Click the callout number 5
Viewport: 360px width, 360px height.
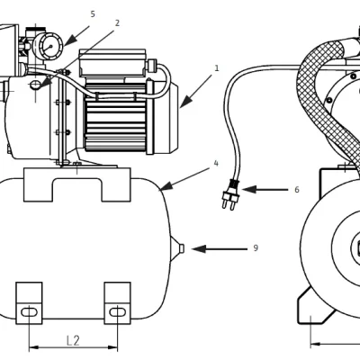coord(93,14)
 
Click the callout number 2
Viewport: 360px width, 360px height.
coord(117,23)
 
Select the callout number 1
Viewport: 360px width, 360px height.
coord(217,68)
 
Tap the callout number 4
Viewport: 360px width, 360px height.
coord(216,164)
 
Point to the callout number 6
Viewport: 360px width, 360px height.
coord(297,190)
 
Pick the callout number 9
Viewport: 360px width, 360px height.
coord(256,248)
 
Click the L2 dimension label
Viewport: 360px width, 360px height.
coord(73,341)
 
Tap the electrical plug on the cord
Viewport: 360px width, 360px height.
coord(229,194)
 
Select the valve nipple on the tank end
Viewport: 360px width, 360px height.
coord(181,248)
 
